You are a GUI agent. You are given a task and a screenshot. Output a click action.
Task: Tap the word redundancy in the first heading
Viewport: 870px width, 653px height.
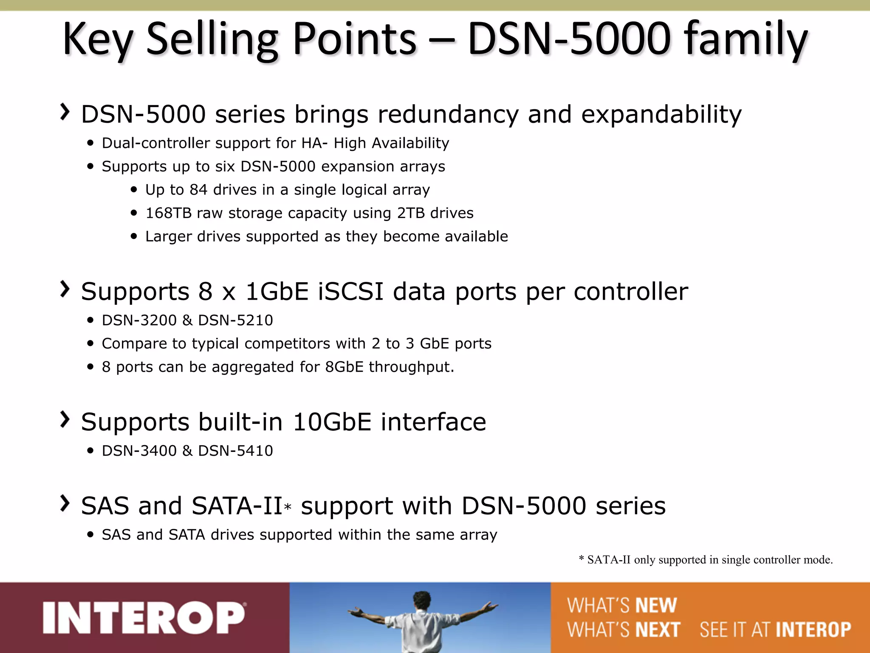(x=448, y=114)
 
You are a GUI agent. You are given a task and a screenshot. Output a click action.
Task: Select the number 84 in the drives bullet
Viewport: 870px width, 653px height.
(x=198, y=190)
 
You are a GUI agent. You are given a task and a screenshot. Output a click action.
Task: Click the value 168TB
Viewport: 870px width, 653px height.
(x=169, y=213)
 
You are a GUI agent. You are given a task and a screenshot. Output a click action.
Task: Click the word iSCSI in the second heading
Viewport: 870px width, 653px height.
(x=350, y=292)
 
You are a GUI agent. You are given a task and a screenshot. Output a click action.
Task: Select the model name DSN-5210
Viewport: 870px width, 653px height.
(x=235, y=320)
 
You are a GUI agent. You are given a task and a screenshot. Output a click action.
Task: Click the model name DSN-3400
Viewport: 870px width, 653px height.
(x=139, y=451)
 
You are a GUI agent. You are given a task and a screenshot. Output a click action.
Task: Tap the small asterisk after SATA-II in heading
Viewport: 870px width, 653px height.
(x=288, y=508)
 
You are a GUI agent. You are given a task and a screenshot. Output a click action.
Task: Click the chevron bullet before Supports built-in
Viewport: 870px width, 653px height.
(x=65, y=420)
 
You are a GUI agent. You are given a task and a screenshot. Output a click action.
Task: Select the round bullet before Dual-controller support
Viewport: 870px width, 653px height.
(x=90, y=144)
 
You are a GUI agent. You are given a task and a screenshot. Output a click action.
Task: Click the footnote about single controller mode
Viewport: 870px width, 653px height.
(x=705, y=560)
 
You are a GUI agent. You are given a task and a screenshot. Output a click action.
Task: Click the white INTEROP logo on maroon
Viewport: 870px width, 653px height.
(x=144, y=618)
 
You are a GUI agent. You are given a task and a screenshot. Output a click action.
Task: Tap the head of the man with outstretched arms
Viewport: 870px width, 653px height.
(x=421, y=599)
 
